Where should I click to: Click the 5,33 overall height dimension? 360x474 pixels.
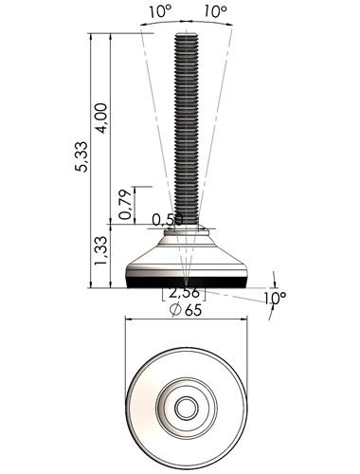[81, 156]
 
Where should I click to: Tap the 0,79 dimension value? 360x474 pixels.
[125, 204]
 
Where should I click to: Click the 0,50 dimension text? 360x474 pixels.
[167, 220]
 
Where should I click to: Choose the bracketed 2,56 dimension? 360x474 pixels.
[184, 293]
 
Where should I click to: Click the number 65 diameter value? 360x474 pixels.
[193, 310]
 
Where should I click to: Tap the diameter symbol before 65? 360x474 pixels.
[175, 310]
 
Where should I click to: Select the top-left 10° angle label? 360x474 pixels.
[160, 11]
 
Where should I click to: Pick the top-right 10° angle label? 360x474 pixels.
[215, 11]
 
